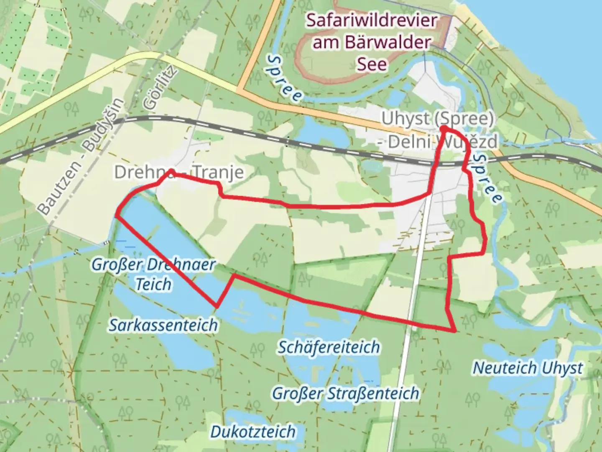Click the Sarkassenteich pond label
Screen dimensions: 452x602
coord(163,325)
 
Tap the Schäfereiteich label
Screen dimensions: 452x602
coord(329,347)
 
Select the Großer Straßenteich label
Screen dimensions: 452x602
coord(345,393)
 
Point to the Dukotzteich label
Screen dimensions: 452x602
coord(253,431)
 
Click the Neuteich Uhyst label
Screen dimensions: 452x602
coord(528,368)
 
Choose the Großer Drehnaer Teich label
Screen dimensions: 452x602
coord(153,274)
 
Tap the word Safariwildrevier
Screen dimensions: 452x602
coord(372,20)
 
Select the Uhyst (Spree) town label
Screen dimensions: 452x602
coord(437,119)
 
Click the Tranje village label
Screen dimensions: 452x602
coord(217,172)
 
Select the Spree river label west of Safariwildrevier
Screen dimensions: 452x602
coord(285,78)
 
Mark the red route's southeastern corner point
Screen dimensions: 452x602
coord(455,331)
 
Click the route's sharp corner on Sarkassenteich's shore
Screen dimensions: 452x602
coord(217,306)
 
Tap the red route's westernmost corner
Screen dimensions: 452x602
coord(116,216)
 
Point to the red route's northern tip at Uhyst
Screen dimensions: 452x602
coord(442,128)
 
